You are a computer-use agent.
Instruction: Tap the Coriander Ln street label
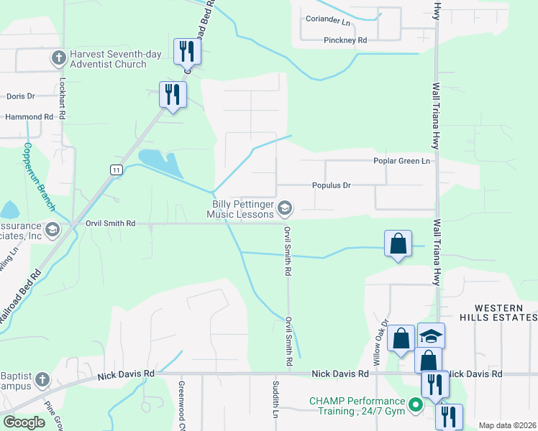pyautogui.click(x=327, y=19)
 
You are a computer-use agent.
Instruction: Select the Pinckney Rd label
pyautogui.click(x=345, y=40)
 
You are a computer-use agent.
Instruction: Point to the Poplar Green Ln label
pyautogui.click(x=401, y=161)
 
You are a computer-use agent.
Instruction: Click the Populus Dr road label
pyautogui.click(x=331, y=185)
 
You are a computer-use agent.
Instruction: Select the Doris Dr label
pyautogui.click(x=20, y=96)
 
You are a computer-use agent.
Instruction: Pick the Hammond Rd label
pyautogui.click(x=29, y=116)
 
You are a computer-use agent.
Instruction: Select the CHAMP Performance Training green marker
pyautogui.click(x=415, y=406)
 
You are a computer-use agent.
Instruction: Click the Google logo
pyautogui.click(x=24, y=422)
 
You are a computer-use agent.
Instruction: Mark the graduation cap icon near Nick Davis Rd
pyautogui.click(x=431, y=336)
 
